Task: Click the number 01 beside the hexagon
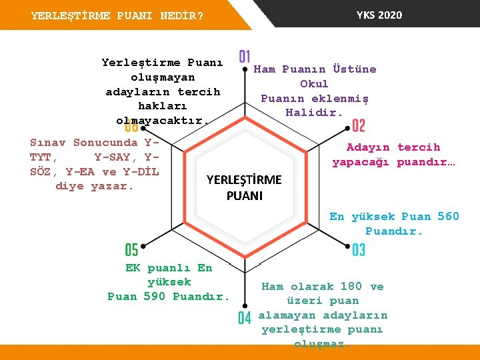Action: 245,57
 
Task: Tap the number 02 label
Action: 359,125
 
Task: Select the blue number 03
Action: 359,250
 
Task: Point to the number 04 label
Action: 245,318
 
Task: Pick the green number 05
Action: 131,250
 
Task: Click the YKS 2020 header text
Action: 379,15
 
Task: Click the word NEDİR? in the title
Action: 182,15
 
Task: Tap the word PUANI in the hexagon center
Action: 244,196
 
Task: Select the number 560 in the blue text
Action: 448,216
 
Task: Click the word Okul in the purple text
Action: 314,84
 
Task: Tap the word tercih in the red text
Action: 419,147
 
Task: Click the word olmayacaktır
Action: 162,121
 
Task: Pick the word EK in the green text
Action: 133,268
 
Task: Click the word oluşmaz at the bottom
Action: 322,344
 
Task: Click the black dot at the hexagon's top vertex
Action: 245,68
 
